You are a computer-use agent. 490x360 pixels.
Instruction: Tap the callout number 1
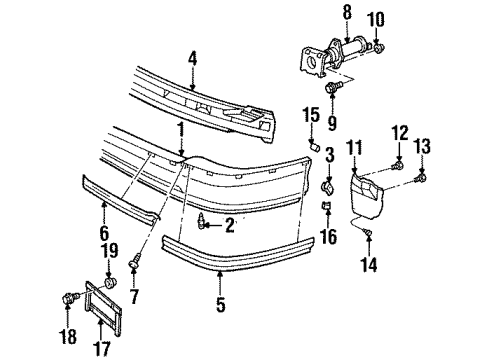[x=180, y=130]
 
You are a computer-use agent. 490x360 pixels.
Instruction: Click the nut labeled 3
[x=326, y=185]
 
